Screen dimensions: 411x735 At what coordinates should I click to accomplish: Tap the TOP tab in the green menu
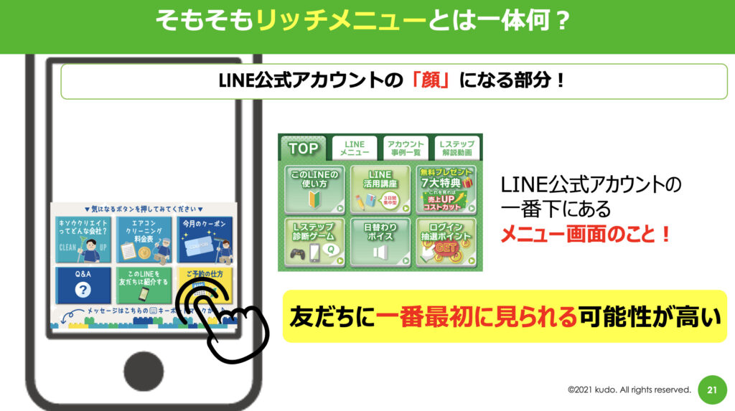pos(303,148)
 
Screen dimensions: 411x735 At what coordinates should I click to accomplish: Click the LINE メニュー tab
pos(355,148)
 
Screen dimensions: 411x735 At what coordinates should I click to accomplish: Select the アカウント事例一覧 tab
pos(406,148)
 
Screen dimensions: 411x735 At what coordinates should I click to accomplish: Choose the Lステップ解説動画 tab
pos(456,148)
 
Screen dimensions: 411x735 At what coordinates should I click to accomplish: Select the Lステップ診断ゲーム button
pos(315,241)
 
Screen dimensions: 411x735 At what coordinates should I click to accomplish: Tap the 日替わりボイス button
pos(380,241)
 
